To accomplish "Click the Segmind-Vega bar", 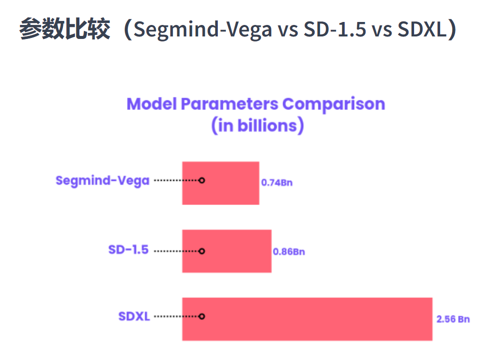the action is coord(221,183).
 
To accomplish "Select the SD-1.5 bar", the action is coord(227,251).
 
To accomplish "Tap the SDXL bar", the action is coord(307,319).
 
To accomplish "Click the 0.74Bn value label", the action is coord(277,183).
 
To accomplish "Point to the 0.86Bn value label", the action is coord(289,252).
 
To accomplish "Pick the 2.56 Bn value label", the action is coord(453,319).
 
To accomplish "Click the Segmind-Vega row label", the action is coord(102,181).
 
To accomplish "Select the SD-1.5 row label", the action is coord(128,250).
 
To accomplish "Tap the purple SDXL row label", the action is coord(134,317).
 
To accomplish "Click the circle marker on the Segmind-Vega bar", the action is coord(202,180).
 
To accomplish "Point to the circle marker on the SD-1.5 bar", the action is coord(202,251).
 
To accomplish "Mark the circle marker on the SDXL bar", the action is coord(202,317).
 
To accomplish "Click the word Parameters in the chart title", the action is coord(229,104).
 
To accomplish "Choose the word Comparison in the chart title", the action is coord(334,104).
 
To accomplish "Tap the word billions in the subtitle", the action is coord(267,125).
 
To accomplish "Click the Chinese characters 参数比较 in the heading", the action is coord(64,29).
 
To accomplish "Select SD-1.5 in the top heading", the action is coord(335,29).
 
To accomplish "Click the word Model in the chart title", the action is coord(151,104).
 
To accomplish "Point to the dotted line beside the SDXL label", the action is coord(176,317).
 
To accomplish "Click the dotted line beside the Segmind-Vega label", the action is coord(176,180).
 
